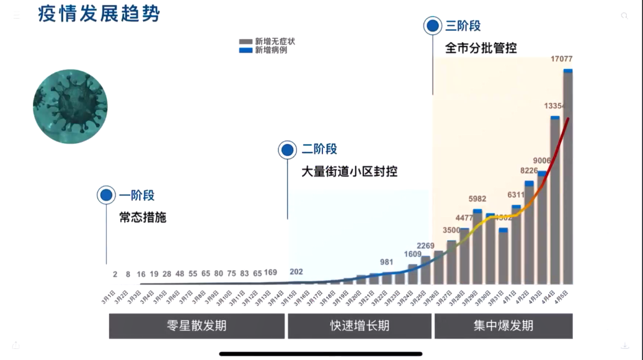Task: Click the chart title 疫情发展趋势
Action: [x=99, y=14]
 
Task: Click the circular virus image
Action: [x=70, y=107]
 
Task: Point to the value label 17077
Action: [x=561, y=59]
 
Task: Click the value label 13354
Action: [x=554, y=106]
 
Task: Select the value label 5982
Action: [x=477, y=200]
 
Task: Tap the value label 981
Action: [x=386, y=262]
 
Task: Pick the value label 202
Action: [x=296, y=272]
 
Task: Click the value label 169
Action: [x=270, y=273]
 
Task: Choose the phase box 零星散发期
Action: [x=197, y=326]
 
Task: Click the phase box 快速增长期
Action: [x=359, y=326]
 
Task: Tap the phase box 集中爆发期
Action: [x=503, y=326]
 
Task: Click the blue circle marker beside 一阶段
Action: [x=107, y=195]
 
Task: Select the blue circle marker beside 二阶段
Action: [x=287, y=149]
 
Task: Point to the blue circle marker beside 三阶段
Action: [x=432, y=26]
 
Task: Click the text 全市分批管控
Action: [x=481, y=48]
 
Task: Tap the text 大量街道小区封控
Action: [x=349, y=172]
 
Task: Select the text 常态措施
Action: [x=143, y=217]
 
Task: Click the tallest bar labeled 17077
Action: [x=567, y=180]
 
